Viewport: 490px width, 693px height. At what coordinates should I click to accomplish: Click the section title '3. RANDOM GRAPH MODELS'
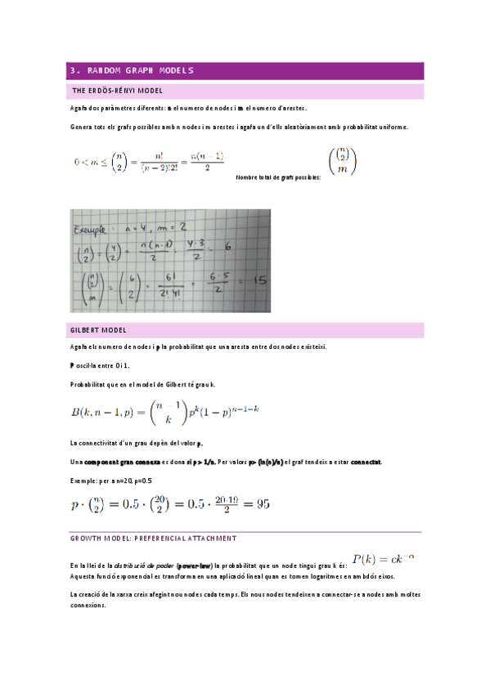[x=132, y=70]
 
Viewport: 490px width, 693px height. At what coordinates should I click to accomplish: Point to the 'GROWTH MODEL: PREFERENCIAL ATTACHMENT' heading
[x=154, y=539]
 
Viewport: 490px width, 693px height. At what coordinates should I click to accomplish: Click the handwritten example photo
[x=169, y=261]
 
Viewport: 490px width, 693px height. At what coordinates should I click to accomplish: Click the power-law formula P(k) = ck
[x=384, y=559]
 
